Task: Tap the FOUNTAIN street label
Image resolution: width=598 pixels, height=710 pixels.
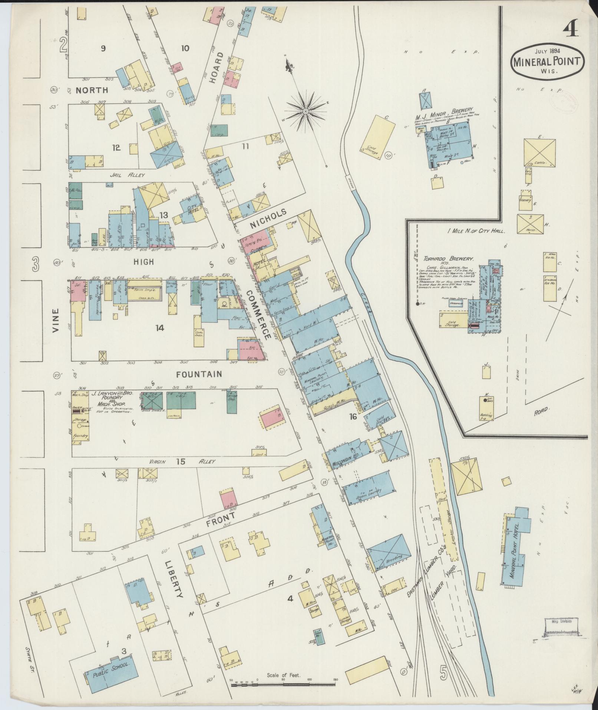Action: [x=199, y=374]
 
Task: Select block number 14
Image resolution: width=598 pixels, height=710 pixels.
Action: [x=159, y=328]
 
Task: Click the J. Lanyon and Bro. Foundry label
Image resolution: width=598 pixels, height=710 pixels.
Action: [x=110, y=398]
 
